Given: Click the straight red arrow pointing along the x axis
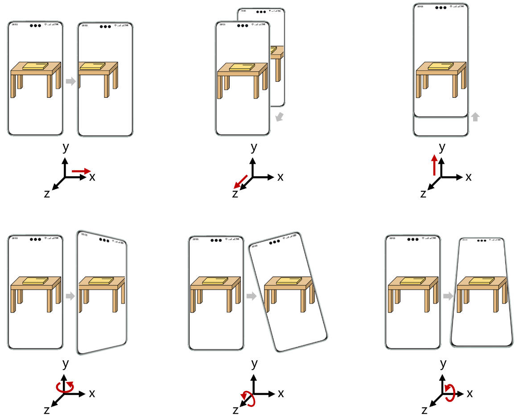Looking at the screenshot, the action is coord(81,170).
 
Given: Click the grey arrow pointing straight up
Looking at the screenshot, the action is coord(476,117).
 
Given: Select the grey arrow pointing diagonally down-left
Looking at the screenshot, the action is coord(280,117).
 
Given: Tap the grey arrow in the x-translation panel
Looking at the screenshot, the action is coord(70,81).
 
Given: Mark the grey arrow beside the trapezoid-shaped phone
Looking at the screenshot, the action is coord(448,295).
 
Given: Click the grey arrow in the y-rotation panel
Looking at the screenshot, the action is coord(70,295).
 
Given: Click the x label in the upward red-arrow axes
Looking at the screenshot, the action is coord(469,177).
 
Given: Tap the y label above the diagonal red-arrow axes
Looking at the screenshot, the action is coord(254,147).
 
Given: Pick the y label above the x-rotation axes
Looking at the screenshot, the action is coord(443,364).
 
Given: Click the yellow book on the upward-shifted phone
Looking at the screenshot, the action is coord(441,66).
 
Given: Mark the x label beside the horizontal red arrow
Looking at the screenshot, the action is coord(92,177).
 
